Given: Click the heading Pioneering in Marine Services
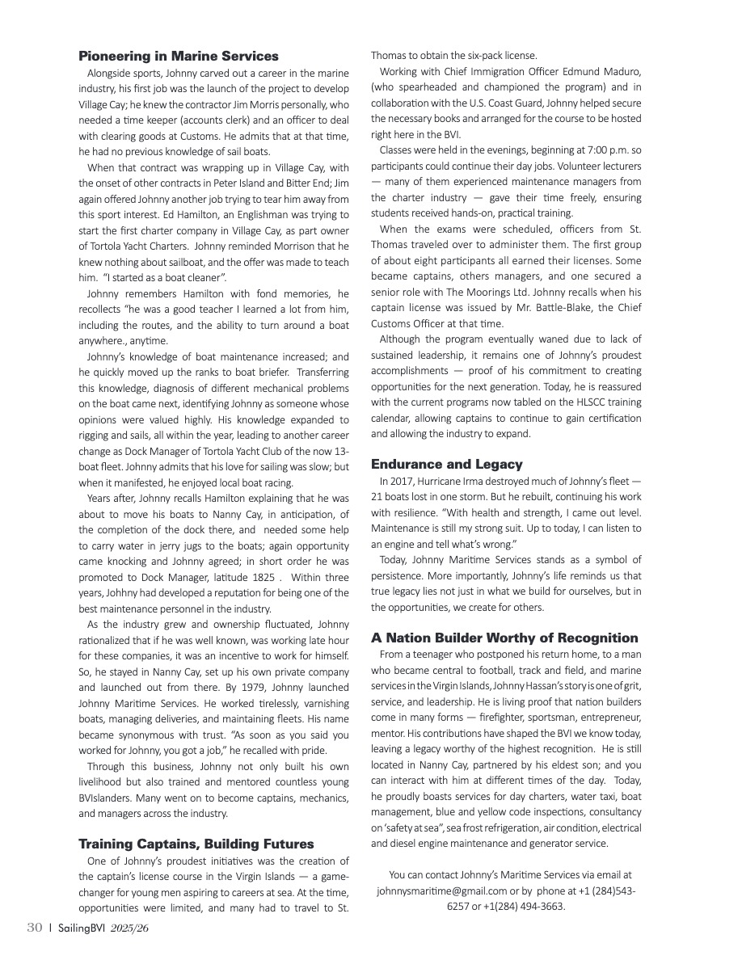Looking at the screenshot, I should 178,56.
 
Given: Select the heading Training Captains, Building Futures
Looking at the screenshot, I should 196,844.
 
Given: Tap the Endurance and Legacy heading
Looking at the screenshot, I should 446,464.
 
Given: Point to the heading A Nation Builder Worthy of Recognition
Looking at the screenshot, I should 504,638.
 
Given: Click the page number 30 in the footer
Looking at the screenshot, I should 33,928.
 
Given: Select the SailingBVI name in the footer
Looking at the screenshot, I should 81,928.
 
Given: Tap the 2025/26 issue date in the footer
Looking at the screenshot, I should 129,928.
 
